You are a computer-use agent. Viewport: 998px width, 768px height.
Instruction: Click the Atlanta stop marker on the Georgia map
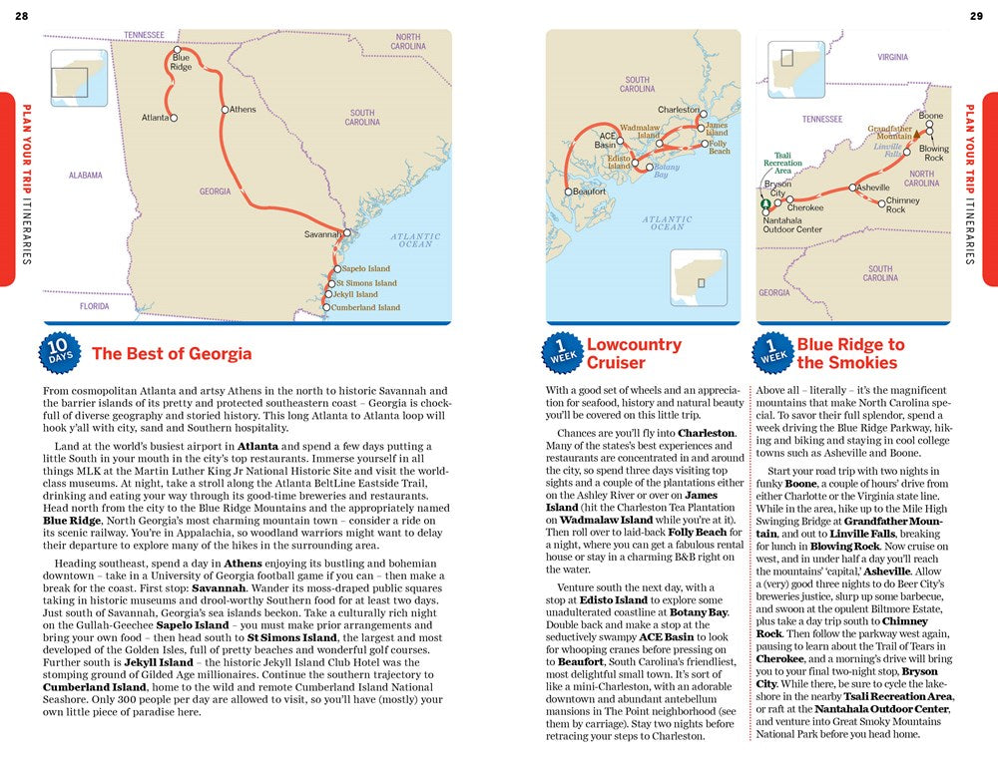pos(173,118)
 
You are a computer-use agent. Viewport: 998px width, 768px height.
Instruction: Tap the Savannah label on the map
pos(322,234)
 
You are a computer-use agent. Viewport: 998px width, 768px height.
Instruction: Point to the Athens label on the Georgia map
pos(243,110)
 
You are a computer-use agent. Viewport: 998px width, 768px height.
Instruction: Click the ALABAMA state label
pos(86,176)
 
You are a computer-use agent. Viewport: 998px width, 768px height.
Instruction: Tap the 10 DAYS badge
pos(59,353)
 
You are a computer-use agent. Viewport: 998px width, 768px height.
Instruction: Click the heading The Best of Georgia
pos(172,353)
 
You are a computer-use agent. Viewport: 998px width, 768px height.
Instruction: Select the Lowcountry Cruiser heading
pos(634,353)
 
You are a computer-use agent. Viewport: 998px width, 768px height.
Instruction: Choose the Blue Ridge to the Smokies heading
pos(850,353)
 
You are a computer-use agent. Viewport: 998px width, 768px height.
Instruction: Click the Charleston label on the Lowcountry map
pos(678,110)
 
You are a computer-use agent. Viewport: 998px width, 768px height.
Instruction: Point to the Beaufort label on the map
pos(588,192)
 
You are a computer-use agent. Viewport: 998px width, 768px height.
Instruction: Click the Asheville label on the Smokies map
pos(873,188)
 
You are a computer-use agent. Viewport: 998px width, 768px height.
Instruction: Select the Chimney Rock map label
pos(902,205)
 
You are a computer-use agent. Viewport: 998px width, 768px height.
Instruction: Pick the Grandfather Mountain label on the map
pos(889,133)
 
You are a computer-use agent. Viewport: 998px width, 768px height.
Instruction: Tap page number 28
pos(22,14)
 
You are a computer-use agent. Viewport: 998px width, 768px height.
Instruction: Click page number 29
pos(976,14)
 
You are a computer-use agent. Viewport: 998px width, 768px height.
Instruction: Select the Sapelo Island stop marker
pos(335,269)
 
